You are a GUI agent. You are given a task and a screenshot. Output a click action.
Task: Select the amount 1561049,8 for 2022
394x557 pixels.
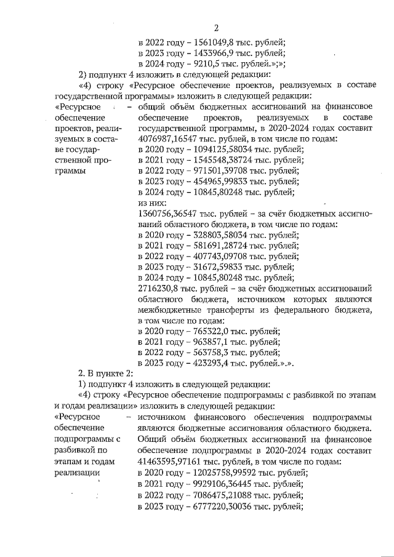pyautogui.click(x=215, y=42)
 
